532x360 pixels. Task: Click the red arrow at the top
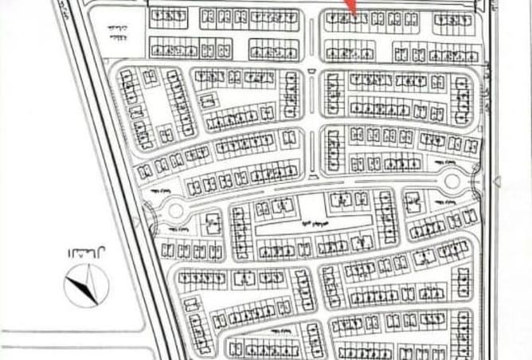[x=350, y=7]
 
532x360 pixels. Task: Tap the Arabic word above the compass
[x=80, y=252]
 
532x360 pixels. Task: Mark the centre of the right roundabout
[x=452, y=182]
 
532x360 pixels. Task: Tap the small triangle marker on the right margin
[x=498, y=182]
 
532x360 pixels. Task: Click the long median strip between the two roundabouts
[x=311, y=191]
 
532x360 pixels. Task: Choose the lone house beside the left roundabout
[x=213, y=222]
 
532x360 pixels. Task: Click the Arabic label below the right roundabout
[x=446, y=202]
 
